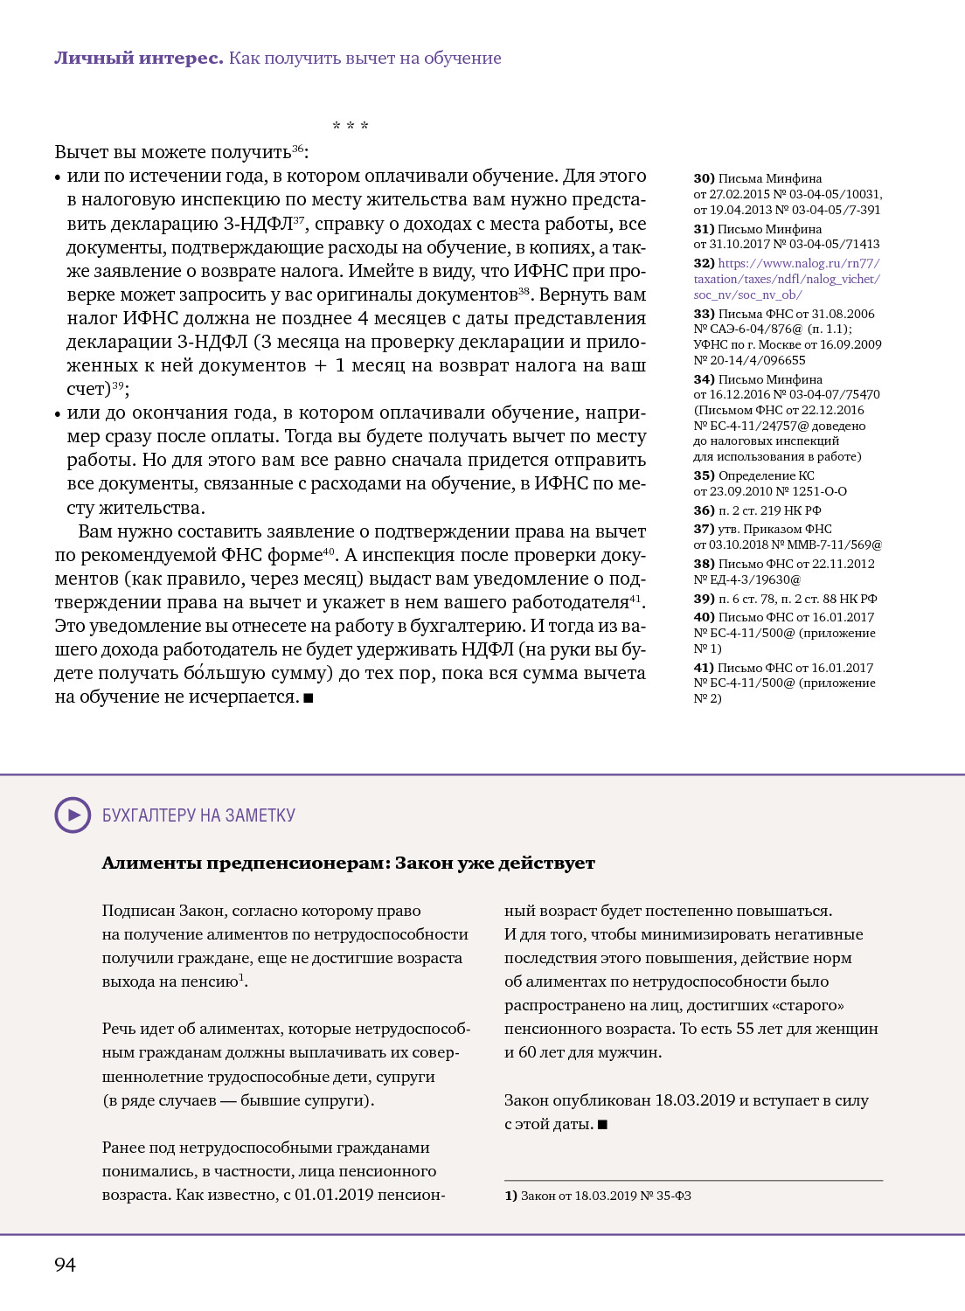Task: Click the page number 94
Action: [65, 1265]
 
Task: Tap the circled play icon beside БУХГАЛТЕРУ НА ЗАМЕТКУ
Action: [73, 815]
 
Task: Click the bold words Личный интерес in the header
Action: [139, 59]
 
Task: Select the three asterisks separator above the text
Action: [351, 127]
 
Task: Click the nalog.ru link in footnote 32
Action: [786, 279]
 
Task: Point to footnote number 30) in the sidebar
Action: [704, 178]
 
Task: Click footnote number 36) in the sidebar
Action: [704, 510]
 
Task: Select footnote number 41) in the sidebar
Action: [704, 668]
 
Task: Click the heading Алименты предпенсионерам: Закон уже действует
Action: [348, 864]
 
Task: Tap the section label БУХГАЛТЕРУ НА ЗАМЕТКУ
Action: [198, 815]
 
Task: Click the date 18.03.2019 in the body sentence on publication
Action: [695, 1100]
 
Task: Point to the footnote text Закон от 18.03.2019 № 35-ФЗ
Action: [606, 1196]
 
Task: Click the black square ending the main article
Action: [309, 697]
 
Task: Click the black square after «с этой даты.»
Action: [602, 1125]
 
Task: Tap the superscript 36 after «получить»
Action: [297, 149]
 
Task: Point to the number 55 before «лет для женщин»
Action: [745, 1029]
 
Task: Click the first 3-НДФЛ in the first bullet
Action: [258, 224]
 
